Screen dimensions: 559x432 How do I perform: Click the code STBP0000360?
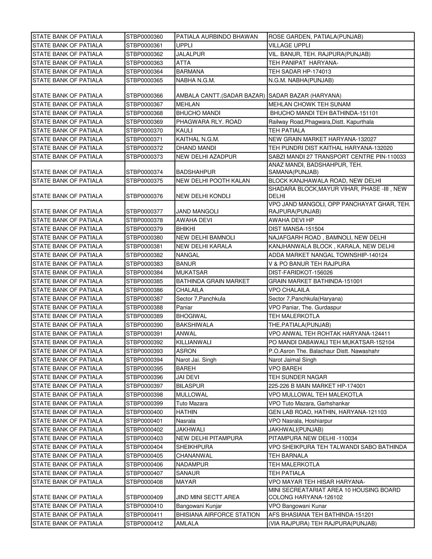144,37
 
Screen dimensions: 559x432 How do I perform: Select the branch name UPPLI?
184,46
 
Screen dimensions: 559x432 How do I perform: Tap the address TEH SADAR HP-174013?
300,72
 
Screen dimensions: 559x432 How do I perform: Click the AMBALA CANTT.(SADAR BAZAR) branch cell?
220,96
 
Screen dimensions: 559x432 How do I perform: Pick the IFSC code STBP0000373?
144,157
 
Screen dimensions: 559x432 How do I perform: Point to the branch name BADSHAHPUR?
196,172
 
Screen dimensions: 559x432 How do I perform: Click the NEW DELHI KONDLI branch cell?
203,196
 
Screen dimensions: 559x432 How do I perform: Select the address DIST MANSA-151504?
296,229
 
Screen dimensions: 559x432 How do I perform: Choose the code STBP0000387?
144,299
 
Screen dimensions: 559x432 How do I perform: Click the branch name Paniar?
184,307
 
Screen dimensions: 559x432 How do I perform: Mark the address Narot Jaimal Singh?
292,360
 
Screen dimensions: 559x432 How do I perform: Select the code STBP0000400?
144,412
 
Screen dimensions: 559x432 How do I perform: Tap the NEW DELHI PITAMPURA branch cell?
209,438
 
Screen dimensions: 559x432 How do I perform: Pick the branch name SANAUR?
188,473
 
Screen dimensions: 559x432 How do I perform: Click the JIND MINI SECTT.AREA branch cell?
208,497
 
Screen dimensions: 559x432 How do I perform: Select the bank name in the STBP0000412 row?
67,523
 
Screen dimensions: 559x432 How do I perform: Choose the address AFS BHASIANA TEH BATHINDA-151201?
321,515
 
